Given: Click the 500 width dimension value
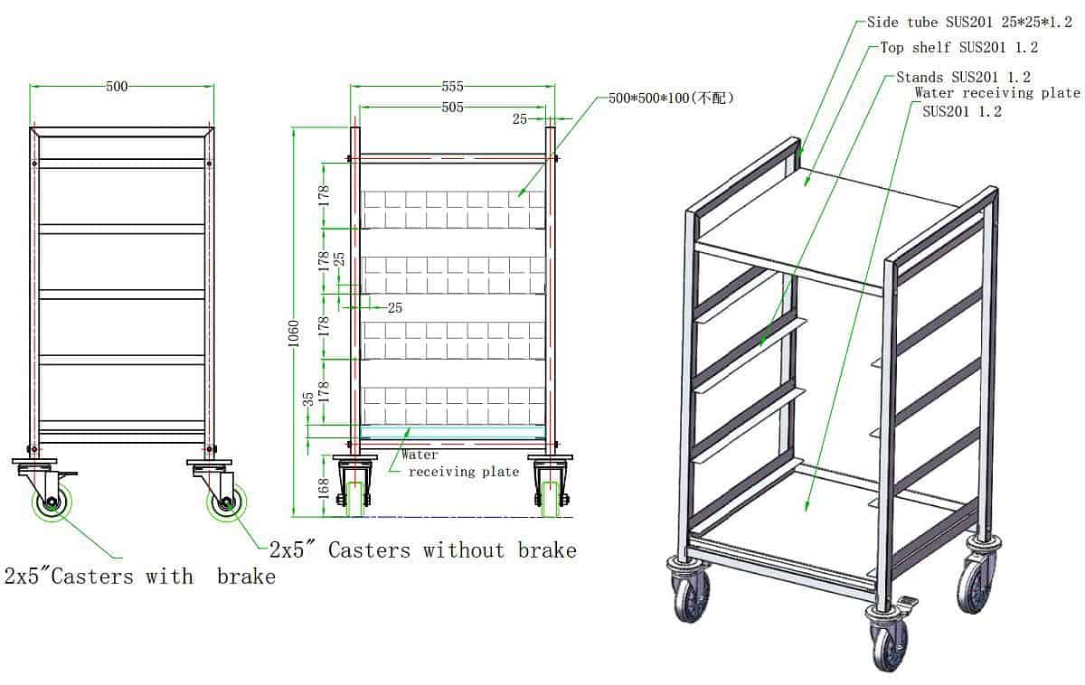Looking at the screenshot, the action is tap(117, 87).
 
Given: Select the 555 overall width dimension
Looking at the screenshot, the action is tap(452, 87).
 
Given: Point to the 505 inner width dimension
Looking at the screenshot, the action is tap(452, 107).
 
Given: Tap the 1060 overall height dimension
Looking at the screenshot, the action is tap(294, 333).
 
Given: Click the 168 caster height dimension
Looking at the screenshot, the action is tap(324, 489).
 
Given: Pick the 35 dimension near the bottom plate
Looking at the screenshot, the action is tap(308, 399).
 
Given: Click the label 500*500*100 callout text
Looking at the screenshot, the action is tap(671, 99).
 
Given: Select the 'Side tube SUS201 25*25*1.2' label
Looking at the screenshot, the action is tap(969, 23).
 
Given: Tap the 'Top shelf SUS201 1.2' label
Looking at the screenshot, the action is tap(959, 47).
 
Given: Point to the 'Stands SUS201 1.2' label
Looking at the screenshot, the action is tap(964, 77).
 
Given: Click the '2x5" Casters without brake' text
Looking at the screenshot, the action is tap(423, 550).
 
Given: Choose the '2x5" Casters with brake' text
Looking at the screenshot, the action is tap(140, 577).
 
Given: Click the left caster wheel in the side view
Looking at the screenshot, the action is tap(52, 502).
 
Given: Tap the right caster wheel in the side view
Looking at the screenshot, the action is tap(226, 502).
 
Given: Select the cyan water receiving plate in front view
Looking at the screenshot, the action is tap(453, 432).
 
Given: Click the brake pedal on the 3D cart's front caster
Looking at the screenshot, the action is tap(907, 604).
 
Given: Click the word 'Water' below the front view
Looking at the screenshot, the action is tap(420, 455).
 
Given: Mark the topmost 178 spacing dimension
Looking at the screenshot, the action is tap(324, 195).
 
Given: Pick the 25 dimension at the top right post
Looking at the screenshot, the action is tap(520, 118).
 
